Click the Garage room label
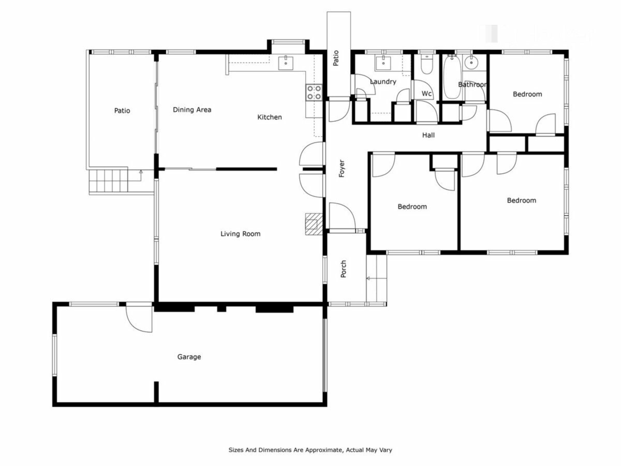[x=189, y=357]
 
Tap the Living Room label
[x=240, y=234]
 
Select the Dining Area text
[x=192, y=110]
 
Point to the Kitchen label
[x=269, y=117]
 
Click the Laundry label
[x=383, y=82]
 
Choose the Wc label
[x=427, y=94]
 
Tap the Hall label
[x=428, y=135]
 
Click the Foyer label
[x=342, y=168]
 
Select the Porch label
[x=343, y=269]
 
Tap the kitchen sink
[x=286, y=63]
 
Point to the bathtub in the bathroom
[x=452, y=77]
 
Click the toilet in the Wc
[x=427, y=65]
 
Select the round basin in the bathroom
[x=471, y=63]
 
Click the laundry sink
[x=383, y=63]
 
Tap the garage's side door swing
[x=139, y=318]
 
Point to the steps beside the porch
[x=376, y=278]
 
